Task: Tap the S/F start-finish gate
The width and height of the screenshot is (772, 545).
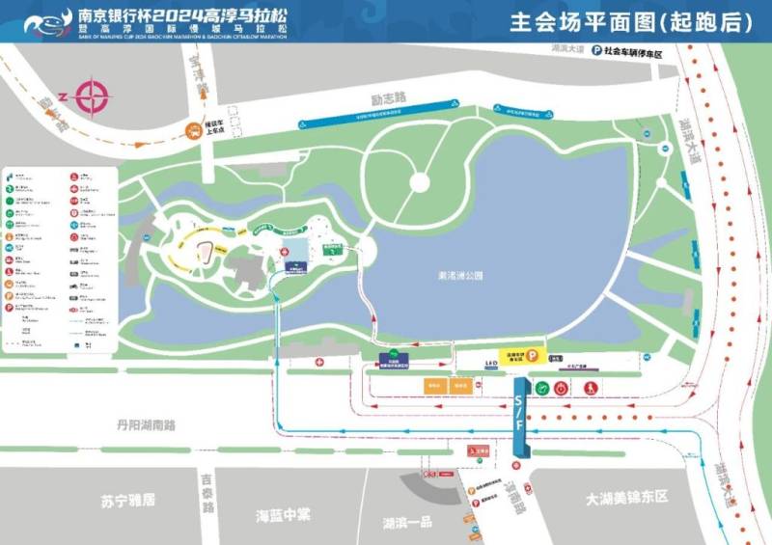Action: click(x=520, y=417)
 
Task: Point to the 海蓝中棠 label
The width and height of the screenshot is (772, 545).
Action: click(x=277, y=514)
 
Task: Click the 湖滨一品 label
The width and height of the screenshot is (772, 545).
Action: click(x=407, y=523)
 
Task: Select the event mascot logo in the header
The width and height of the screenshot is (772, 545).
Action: click(x=47, y=20)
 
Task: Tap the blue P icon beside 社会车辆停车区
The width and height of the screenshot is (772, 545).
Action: click(x=596, y=50)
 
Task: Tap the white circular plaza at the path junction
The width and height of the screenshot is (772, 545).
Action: click(x=420, y=181)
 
